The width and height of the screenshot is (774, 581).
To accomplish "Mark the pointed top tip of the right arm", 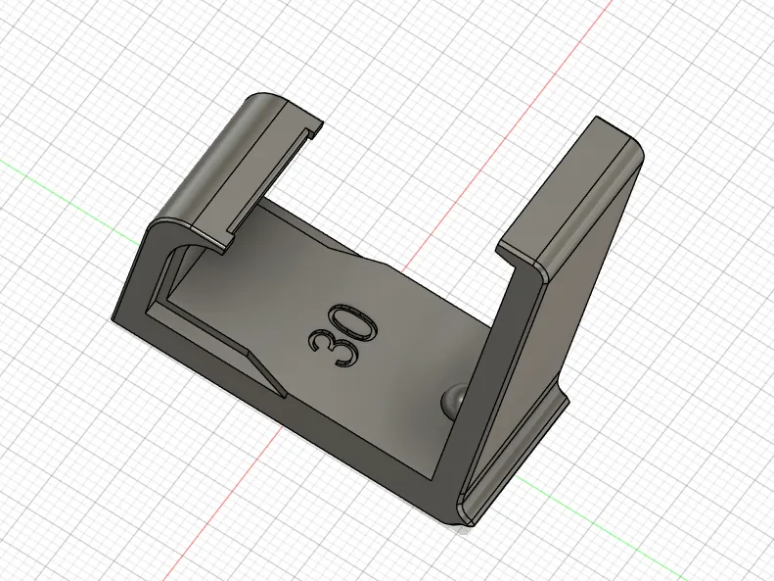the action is (596, 118).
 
